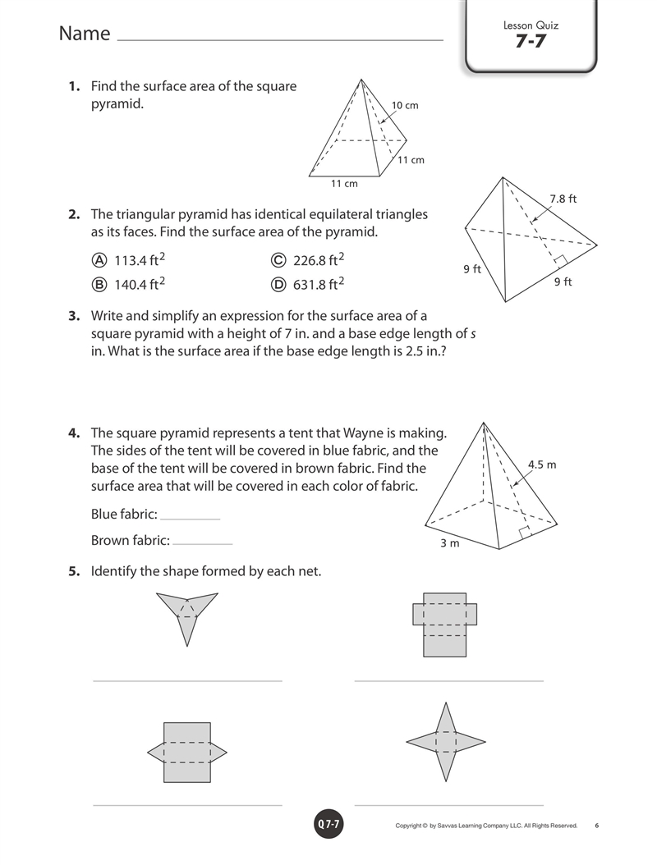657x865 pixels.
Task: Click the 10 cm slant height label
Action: (405, 105)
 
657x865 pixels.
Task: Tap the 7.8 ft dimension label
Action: (563, 199)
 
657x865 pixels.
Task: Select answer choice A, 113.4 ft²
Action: (129, 260)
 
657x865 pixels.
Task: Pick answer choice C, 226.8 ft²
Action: (307, 260)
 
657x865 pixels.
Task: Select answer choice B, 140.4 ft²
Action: (129, 284)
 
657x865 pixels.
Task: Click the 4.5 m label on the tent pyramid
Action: (542, 465)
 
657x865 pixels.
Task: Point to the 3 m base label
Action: (449, 542)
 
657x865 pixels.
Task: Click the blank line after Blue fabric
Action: (190, 519)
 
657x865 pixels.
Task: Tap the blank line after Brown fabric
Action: (203, 544)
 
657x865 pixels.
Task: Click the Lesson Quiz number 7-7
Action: (531, 41)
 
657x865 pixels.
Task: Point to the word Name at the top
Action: (85, 33)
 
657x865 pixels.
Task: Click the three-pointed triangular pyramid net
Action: (187, 615)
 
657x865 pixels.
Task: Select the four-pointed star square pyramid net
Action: (446, 741)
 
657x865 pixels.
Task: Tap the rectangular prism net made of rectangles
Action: (444, 625)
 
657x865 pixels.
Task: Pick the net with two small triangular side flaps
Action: (187, 752)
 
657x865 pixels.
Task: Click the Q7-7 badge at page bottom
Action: (329, 824)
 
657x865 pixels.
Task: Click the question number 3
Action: (74, 316)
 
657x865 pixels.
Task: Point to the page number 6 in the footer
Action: (597, 826)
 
